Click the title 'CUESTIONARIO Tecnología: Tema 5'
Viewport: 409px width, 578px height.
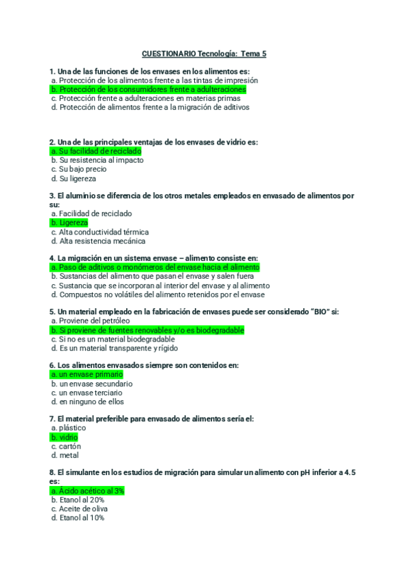(x=204, y=53)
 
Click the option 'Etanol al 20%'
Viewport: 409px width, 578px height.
(x=78, y=500)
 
